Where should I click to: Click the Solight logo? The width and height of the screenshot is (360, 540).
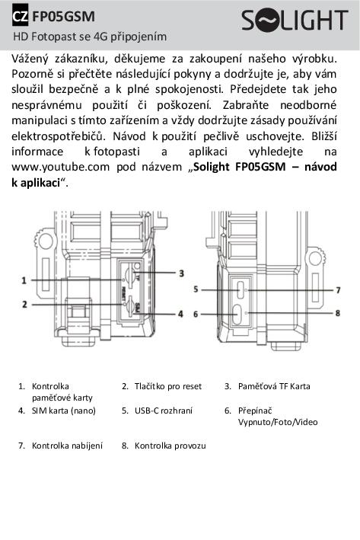click(295, 21)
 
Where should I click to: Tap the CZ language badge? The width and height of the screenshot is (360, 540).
click(21, 16)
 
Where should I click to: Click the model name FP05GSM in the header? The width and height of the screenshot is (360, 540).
click(63, 17)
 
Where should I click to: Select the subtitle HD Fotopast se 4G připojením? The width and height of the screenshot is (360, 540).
click(90, 37)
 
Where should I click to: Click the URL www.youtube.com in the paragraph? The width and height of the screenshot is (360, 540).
click(61, 168)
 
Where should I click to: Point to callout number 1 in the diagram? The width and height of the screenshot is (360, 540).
click(24, 280)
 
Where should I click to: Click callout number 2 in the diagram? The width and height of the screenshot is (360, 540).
click(24, 305)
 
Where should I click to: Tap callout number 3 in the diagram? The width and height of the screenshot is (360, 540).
click(181, 273)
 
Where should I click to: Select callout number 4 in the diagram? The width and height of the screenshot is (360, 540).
click(180, 314)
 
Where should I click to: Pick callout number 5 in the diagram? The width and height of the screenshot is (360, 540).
click(196, 289)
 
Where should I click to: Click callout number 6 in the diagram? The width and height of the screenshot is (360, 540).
click(196, 314)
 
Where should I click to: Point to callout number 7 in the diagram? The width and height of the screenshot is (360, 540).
click(338, 290)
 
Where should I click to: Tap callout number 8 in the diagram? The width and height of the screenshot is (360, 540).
click(338, 313)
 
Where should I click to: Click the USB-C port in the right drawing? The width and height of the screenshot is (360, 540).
click(241, 289)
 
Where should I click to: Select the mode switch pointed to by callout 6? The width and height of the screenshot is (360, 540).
click(237, 315)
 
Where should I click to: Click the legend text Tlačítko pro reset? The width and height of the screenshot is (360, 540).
click(168, 386)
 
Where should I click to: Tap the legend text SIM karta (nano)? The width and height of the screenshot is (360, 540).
click(64, 411)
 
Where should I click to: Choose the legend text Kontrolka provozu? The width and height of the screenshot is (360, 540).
click(170, 446)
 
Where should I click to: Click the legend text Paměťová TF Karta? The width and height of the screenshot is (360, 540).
click(274, 386)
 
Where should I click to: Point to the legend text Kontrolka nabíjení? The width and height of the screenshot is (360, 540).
click(67, 446)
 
